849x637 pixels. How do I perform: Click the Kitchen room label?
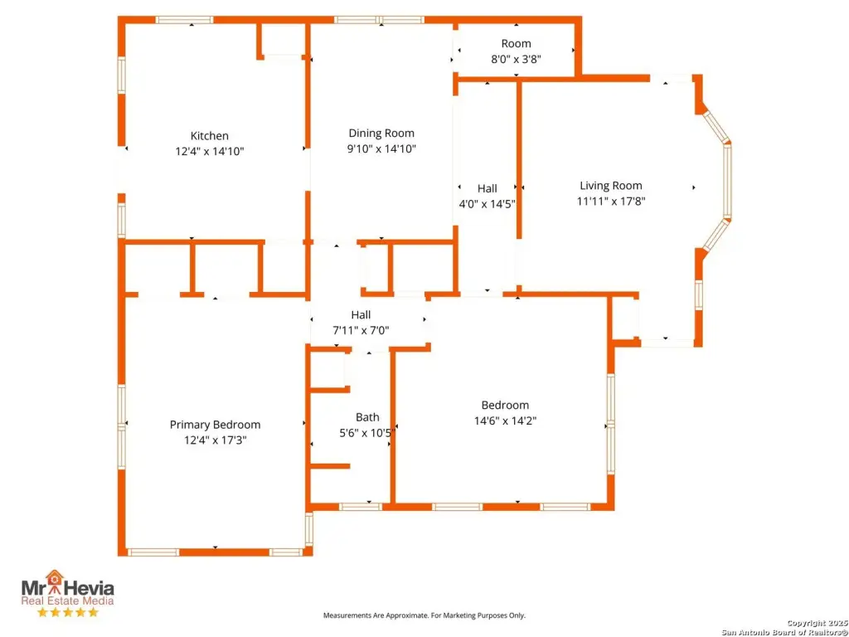point(209,136)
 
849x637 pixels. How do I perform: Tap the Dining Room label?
point(381,133)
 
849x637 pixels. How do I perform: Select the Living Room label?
point(610,186)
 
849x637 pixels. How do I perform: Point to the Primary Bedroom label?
point(215,425)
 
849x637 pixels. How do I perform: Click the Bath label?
point(367,417)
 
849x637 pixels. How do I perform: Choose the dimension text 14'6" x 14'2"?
point(505,421)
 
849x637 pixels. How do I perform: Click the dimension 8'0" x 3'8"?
point(516,59)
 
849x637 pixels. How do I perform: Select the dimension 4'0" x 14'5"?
point(487,204)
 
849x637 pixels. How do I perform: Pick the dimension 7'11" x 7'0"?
point(361,330)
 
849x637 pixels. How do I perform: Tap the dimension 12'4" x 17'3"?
point(215,440)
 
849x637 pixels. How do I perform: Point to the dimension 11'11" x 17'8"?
point(610,202)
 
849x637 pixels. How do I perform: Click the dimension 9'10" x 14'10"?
point(381,149)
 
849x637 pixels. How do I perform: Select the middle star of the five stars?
point(67,613)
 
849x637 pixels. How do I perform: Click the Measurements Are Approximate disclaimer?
point(424,615)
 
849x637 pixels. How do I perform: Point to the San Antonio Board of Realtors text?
point(784,632)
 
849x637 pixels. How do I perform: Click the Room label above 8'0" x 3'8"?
point(516,43)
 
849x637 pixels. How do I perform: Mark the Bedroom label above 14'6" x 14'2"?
point(505,405)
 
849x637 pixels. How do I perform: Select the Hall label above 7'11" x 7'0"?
point(361,314)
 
